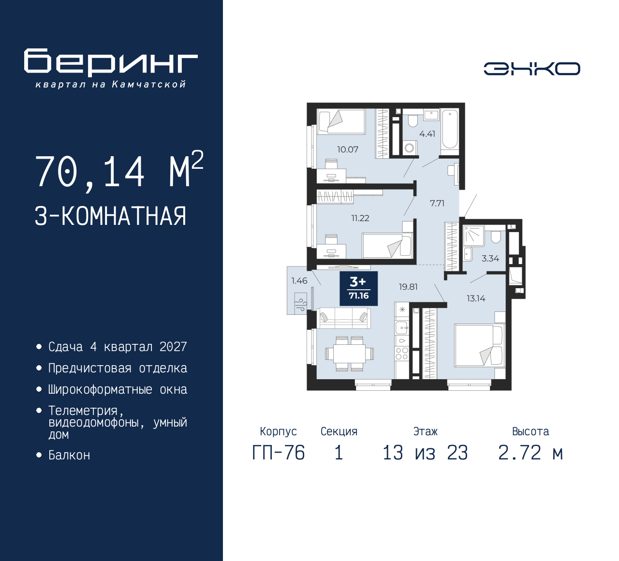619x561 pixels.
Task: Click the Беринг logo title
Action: (x=111, y=62)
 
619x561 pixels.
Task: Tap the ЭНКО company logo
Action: (x=531, y=69)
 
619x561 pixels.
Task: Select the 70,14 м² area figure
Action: (x=119, y=171)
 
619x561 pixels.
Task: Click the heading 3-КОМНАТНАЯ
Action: (x=111, y=216)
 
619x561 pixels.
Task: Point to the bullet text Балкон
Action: (x=69, y=455)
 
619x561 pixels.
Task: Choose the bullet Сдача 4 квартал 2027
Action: (x=118, y=347)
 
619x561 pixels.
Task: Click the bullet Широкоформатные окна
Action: (x=118, y=389)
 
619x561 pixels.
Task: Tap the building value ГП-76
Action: (x=279, y=453)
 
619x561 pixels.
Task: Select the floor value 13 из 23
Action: (x=425, y=453)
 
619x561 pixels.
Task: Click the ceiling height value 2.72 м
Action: (x=531, y=453)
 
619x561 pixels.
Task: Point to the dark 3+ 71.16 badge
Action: (x=358, y=289)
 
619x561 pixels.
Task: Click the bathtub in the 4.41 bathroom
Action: (x=450, y=129)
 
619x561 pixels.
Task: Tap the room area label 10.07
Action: (x=348, y=149)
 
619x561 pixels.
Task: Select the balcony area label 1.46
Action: (x=299, y=280)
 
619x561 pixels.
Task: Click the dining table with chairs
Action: (x=349, y=354)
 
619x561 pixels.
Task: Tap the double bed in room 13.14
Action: (x=479, y=345)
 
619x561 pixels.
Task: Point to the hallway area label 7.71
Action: (x=437, y=203)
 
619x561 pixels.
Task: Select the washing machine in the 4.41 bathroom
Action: (x=410, y=147)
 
